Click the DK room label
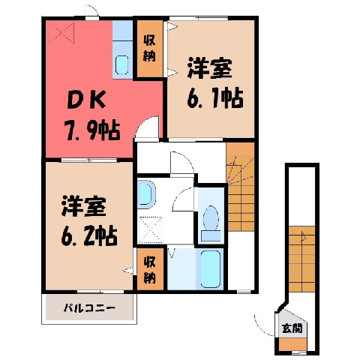(85, 100)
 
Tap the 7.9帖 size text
(93, 131)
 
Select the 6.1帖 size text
(215, 97)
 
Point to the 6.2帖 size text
(89, 235)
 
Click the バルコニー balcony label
(89, 307)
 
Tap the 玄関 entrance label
(292, 328)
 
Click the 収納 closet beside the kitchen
(149, 49)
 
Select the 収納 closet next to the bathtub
(149, 270)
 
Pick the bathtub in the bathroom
(211, 269)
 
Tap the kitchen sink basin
(122, 64)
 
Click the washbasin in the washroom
(145, 194)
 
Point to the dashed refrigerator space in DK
(61, 33)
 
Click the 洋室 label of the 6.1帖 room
(210, 68)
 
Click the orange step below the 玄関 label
(292, 344)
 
